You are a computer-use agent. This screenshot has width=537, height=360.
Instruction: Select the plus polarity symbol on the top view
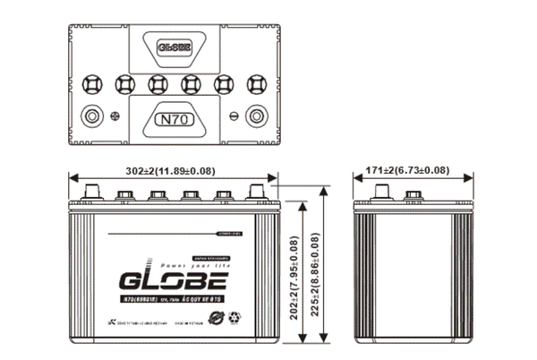[114, 115]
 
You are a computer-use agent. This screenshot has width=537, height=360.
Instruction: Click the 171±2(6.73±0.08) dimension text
[407, 170]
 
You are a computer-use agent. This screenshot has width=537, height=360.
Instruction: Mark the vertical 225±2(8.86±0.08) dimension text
[315, 267]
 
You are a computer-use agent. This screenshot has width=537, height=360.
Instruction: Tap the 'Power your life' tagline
[190, 267]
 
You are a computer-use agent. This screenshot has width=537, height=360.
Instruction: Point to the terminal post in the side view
[380, 192]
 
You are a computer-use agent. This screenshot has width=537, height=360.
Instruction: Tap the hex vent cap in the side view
[413, 194]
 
